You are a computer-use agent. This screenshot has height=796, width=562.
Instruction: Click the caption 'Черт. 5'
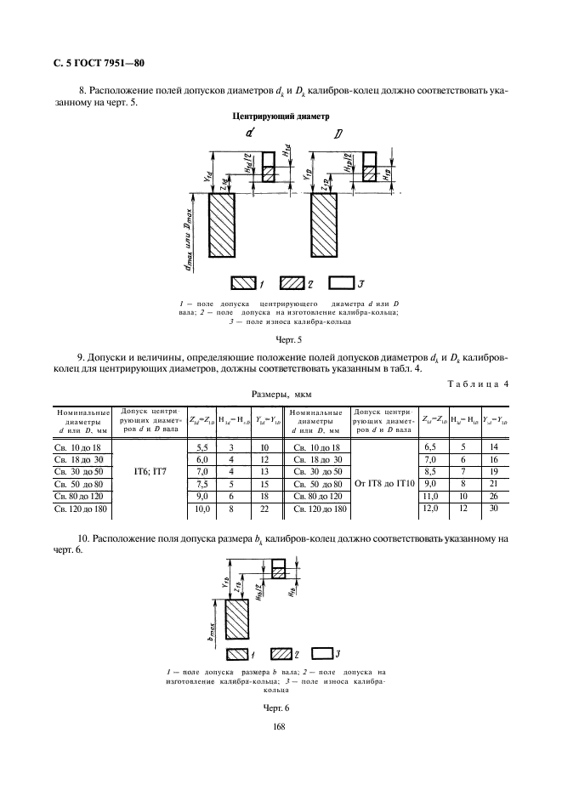pyautogui.click(x=278, y=339)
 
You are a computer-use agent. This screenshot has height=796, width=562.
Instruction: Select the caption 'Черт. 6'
pyautogui.click(x=277, y=706)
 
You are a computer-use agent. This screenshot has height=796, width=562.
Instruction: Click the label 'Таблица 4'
pyautogui.click(x=479, y=384)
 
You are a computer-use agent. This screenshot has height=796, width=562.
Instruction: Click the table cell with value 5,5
pyautogui.click(x=202, y=446)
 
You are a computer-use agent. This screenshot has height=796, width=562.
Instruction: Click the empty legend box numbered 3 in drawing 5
pyautogui.click(x=343, y=281)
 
